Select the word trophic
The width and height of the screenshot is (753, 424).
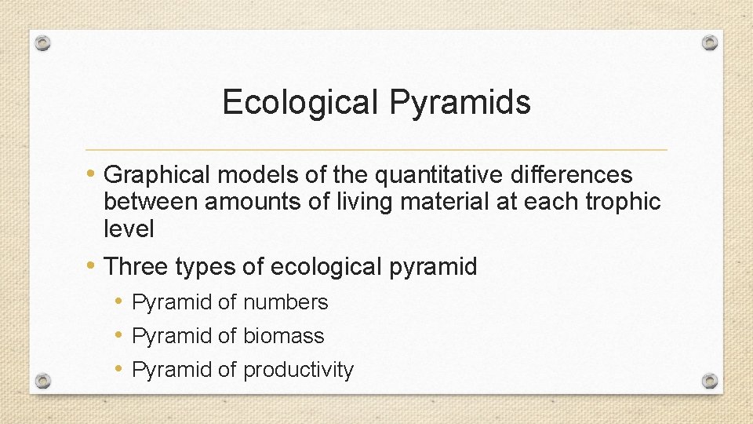click(623, 203)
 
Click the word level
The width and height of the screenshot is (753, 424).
click(129, 229)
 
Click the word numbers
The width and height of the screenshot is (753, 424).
click(286, 302)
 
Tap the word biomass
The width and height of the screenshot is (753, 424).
click(283, 336)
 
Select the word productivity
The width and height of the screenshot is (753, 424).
click(298, 370)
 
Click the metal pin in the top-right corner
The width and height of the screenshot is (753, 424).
click(709, 42)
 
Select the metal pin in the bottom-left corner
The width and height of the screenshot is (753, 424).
click(44, 381)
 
